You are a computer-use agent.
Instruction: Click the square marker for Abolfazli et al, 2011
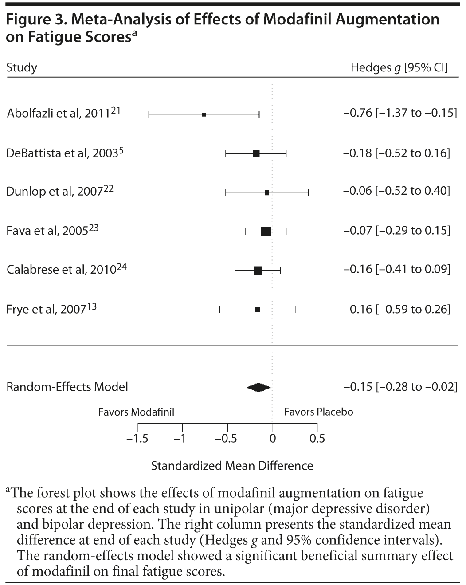click(204, 114)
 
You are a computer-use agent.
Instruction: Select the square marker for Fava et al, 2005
click(266, 231)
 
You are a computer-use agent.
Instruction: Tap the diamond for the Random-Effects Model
click(258, 387)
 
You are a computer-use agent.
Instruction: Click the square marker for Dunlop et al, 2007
click(266, 192)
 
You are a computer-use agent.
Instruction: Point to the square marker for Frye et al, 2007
click(257, 310)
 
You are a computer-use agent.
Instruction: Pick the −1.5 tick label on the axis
click(137, 439)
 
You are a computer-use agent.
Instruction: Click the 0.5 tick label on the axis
click(317, 439)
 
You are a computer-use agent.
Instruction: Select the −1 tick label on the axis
click(180, 439)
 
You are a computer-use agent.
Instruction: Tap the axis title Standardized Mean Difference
click(232, 466)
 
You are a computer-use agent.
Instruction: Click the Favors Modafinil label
click(136, 412)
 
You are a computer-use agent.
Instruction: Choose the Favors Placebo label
click(318, 412)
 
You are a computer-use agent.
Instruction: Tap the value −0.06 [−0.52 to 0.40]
click(396, 191)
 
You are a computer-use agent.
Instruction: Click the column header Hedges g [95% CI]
click(399, 67)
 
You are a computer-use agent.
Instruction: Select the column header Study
click(21, 67)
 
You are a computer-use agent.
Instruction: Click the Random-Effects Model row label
click(67, 387)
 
